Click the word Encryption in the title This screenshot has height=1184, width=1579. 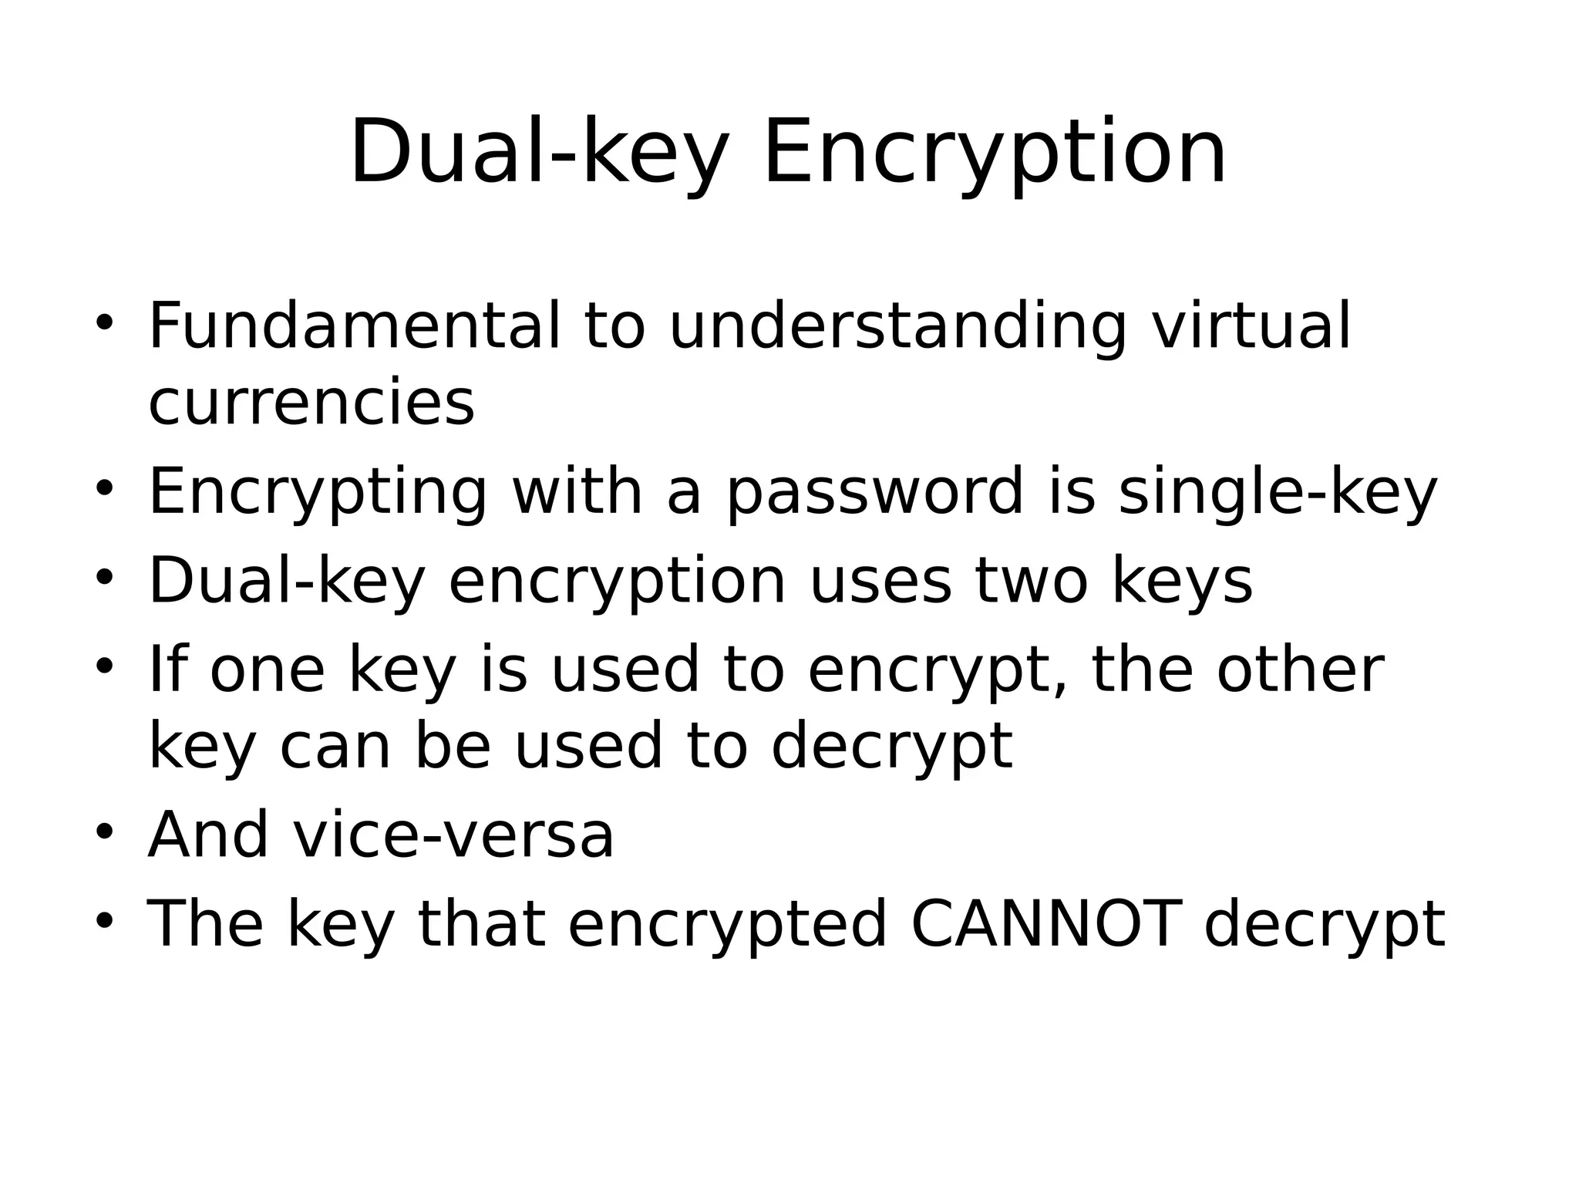(994, 153)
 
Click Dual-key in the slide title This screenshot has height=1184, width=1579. (539, 153)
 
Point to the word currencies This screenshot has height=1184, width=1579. (311, 402)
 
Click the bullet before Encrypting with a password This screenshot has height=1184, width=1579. (105, 489)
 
